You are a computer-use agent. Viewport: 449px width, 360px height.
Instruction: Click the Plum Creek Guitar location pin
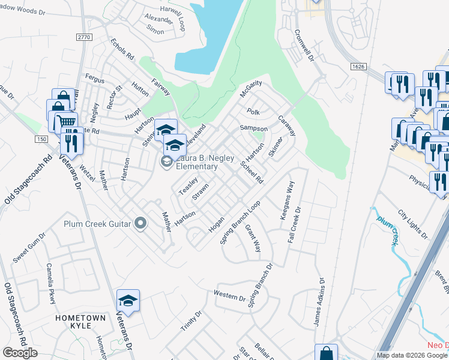click(x=140, y=224)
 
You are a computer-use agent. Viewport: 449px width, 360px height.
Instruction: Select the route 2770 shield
click(x=85, y=37)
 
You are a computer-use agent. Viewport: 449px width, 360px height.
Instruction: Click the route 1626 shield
click(x=358, y=66)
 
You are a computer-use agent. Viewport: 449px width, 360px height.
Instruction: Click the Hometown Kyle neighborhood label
click(x=80, y=321)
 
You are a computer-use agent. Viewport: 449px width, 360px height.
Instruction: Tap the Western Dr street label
click(x=229, y=295)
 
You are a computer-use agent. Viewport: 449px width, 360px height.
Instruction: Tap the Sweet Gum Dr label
click(x=29, y=248)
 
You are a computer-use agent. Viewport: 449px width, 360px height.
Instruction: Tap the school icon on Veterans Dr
click(x=128, y=300)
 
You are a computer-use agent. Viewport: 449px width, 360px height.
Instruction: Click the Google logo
click(x=20, y=353)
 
